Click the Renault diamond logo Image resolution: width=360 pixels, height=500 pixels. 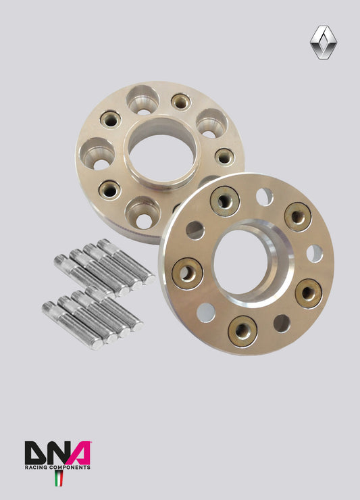[x=324, y=43]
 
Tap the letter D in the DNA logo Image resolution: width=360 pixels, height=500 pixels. [x=36, y=453]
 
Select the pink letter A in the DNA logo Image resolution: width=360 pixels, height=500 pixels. [x=79, y=453]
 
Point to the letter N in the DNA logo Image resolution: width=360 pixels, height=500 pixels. [x=58, y=453]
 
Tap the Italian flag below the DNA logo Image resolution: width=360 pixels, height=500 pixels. [x=58, y=478]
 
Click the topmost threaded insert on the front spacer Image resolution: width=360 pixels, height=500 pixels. [x=224, y=200]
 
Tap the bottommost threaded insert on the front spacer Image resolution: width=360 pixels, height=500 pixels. [x=242, y=330]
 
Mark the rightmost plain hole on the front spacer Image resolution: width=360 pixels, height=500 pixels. [x=314, y=253]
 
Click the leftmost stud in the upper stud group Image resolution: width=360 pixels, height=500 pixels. [x=84, y=270]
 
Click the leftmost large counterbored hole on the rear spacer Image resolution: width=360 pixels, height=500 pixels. [x=97, y=152]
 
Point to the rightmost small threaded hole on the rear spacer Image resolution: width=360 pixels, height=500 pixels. [x=224, y=157]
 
